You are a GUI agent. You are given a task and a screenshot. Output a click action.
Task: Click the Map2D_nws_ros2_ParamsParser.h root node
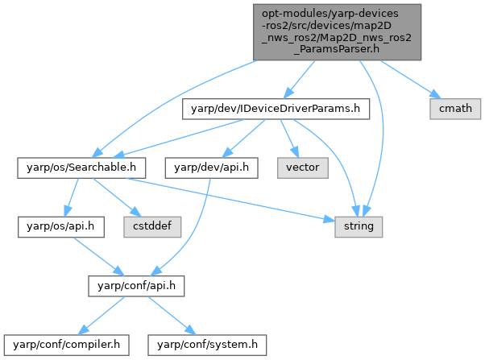click(x=337, y=31)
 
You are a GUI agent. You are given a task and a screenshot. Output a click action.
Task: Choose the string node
click(x=359, y=227)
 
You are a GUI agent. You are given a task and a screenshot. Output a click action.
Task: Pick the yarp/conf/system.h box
click(x=206, y=345)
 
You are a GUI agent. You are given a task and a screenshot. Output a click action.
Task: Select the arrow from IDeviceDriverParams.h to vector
click(x=289, y=138)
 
